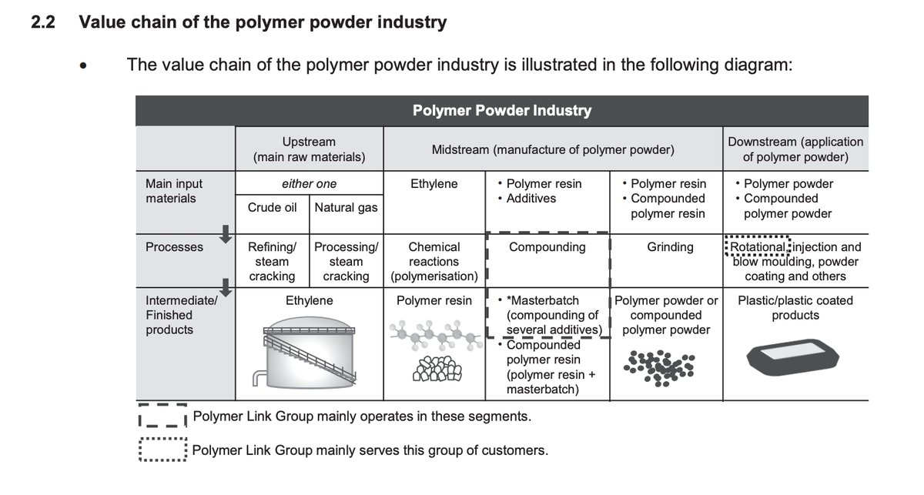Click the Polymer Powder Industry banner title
tap(502, 110)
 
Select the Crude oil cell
tap(273, 208)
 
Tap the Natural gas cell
tap(346, 208)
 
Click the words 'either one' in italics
tap(309, 184)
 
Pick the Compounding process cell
tap(547, 247)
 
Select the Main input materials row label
tap(174, 191)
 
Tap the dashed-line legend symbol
tap(162, 416)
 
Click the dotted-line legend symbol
tap(162, 450)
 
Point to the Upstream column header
tap(309, 149)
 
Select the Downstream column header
tap(795, 149)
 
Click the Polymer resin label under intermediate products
tap(434, 300)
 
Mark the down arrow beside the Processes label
tap(225, 233)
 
